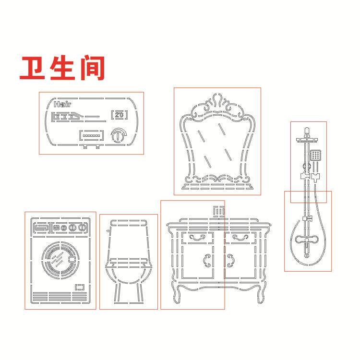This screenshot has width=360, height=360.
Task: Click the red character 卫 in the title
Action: pyautogui.click(x=32, y=68)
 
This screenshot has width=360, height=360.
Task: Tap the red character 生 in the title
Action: pyautogui.click(x=62, y=68)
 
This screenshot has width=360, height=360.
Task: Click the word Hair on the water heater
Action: pyautogui.click(x=62, y=104)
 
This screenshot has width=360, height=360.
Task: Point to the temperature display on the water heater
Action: pyautogui.click(x=120, y=115)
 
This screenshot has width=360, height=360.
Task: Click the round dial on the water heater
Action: pyautogui.click(x=119, y=135)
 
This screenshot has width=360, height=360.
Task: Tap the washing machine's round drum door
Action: pyautogui.click(x=60, y=260)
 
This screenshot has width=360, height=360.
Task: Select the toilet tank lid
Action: pyautogui.click(x=129, y=223)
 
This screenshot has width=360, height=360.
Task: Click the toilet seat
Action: pyautogui.click(x=129, y=264)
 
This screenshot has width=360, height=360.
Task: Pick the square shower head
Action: pyautogui.click(x=315, y=155)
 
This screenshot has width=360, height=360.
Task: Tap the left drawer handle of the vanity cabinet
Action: pyautogui.click(x=197, y=238)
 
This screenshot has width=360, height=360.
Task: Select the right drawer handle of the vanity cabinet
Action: pyautogui.click(x=240, y=238)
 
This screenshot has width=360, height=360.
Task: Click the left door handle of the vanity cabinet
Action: pyautogui.click(x=207, y=260)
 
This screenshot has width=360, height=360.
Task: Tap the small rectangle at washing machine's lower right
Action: pyautogui.click(x=80, y=287)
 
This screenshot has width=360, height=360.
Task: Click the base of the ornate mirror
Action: pyautogui.click(x=217, y=186)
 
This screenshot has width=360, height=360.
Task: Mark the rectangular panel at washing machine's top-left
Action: pyautogui.click(x=42, y=228)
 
